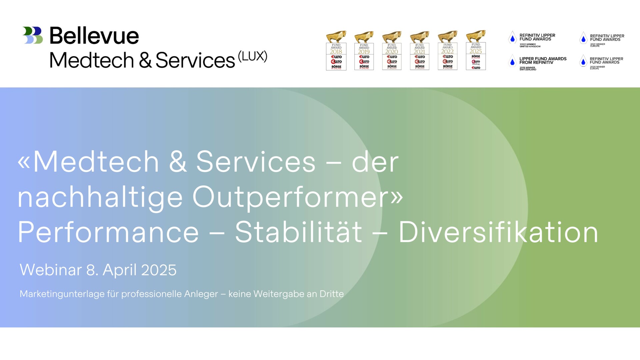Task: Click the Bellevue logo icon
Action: [x=33, y=35]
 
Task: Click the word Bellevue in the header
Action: [x=94, y=36]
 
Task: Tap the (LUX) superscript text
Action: [x=253, y=56]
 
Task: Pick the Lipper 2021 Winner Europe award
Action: [x=602, y=40]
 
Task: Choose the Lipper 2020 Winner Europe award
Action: [x=601, y=62]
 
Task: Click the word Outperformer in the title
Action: [x=297, y=197]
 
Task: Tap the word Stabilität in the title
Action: [x=298, y=232]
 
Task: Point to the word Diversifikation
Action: [x=498, y=232]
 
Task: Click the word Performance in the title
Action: [x=108, y=232]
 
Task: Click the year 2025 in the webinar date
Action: [x=159, y=270]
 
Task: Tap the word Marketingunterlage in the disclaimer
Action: [x=62, y=294]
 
